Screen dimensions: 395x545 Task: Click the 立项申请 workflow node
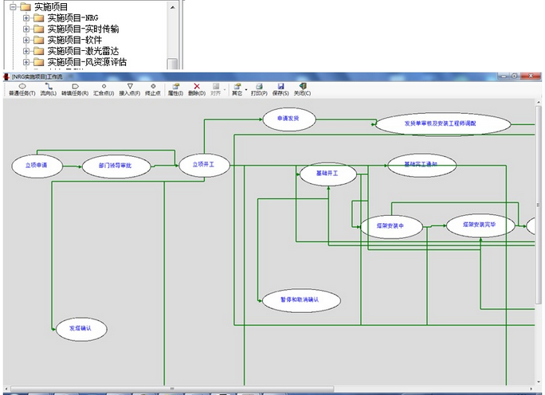(37, 166)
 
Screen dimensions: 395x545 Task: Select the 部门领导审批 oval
(116, 166)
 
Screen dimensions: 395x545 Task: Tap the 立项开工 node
(204, 165)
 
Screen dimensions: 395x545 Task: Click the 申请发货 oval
(289, 119)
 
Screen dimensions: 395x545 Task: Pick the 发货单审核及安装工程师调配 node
(442, 124)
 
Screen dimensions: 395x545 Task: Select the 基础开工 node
(327, 173)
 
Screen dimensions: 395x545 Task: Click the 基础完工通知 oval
(422, 165)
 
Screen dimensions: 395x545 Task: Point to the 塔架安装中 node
(391, 226)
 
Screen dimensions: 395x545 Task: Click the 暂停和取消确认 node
(300, 299)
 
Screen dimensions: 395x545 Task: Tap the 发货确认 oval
(81, 327)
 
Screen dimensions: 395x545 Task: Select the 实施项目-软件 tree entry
(70, 40)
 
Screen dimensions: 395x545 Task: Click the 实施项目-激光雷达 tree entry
(81, 51)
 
